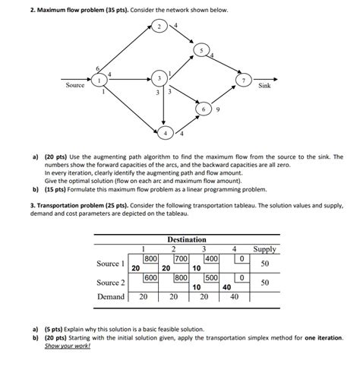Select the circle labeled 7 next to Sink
coord(242,79)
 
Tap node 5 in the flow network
coord(201,50)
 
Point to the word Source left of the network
coord(74,85)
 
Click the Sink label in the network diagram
coord(264,86)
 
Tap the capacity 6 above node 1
coord(96,68)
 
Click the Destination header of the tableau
coord(187,239)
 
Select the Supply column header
coord(264,249)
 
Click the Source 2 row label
coord(110,283)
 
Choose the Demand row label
coord(111,297)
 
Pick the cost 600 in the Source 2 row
coord(150,277)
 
